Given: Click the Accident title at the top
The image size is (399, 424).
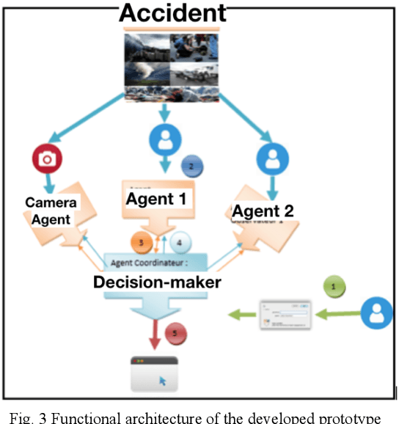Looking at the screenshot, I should click(x=173, y=12).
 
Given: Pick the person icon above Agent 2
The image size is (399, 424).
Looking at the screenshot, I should click(x=271, y=157).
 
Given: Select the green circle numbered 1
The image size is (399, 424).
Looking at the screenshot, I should click(x=334, y=287).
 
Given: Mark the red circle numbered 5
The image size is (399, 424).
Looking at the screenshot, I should click(x=175, y=333).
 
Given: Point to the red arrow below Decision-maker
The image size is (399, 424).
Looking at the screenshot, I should click(x=156, y=335).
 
